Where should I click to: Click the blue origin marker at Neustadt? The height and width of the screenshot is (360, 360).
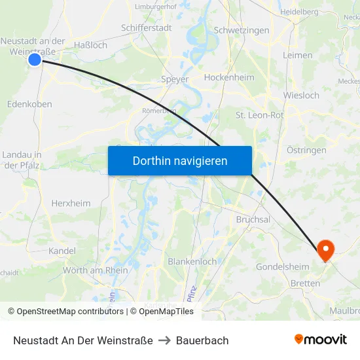(x=35, y=60)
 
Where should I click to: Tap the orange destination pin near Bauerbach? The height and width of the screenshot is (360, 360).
(x=325, y=249)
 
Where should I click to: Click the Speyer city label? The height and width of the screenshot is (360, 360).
(x=175, y=79)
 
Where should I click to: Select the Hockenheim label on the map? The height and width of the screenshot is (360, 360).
(x=229, y=77)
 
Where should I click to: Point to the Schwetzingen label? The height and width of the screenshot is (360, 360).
(x=242, y=31)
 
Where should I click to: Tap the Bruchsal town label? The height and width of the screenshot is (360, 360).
(x=253, y=220)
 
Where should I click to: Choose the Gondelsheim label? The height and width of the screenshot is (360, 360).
(x=283, y=267)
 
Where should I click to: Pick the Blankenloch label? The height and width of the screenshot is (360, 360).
(x=192, y=261)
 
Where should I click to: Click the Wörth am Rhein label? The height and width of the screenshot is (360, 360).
(x=96, y=270)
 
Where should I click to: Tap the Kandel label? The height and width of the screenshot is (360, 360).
(x=62, y=251)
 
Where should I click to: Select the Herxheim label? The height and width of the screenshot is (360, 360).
(x=71, y=203)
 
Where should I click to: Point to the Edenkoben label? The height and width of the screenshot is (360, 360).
(x=29, y=104)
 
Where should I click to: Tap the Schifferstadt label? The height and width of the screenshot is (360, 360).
(x=147, y=28)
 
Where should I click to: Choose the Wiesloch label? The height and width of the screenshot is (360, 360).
(x=301, y=96)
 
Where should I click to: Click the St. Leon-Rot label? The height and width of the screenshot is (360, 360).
(x=259, y=115)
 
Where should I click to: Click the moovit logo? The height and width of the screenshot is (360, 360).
(x=321, y=340)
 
